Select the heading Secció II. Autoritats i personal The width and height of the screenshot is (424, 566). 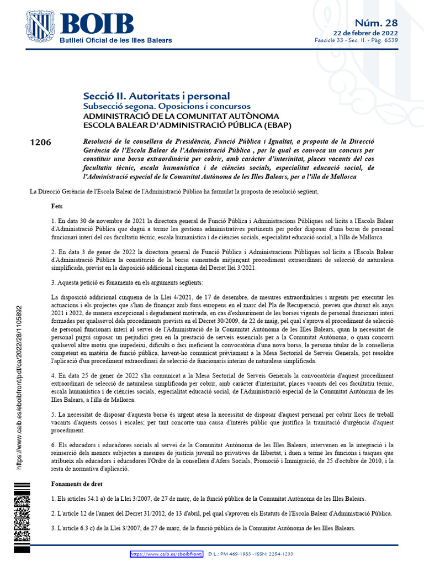[x=156, y=96]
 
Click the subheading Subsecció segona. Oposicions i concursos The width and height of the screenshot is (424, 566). [x=166, y=106]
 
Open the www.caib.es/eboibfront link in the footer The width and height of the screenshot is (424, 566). [x=167, y=554]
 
